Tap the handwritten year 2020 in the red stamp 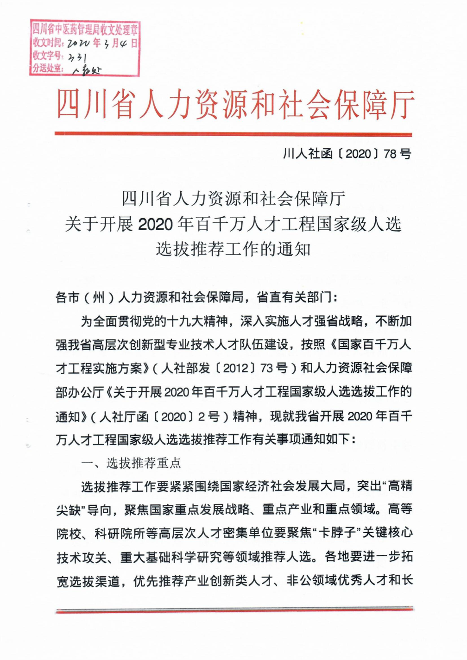(79, 44)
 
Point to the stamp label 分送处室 (47, 69)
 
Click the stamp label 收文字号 (47, 56)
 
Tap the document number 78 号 (397, 154)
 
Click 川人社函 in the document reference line (308, 154)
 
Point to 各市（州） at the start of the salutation (85, 297)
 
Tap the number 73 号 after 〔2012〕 (274, 368)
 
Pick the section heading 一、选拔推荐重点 (131, 463)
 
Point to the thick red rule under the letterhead (233, 134)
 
